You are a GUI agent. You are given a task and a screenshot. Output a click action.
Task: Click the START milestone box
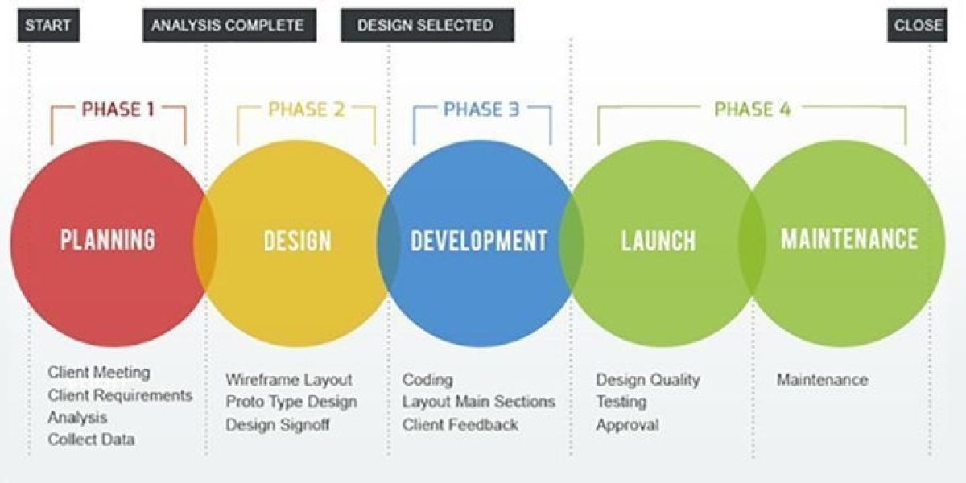click(48, 25)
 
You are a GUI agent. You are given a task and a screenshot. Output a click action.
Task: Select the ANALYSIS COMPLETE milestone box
click(229, 25)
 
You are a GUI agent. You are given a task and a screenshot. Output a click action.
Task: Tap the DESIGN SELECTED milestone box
click(427, 25)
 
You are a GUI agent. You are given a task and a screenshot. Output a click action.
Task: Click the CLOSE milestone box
click(917, 25)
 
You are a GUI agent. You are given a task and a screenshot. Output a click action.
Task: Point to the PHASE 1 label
click(118, 109)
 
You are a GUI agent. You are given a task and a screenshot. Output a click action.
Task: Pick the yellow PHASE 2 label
click(307, 109)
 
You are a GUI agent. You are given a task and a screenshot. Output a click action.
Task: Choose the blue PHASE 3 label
click(481, 109)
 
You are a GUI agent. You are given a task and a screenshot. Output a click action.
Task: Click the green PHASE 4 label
click(753, 109)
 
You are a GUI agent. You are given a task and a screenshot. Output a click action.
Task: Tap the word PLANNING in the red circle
click(108, 239)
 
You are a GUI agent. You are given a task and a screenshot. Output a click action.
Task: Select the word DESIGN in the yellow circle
click(298, 241)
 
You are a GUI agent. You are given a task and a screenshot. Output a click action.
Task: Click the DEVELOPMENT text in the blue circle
click(479, 241)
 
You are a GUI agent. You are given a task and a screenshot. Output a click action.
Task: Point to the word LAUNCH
click(658, 241)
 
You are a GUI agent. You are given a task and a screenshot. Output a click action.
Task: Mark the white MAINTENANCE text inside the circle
click(849, 238)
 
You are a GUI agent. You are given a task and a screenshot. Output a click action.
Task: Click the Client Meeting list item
click(99, 372)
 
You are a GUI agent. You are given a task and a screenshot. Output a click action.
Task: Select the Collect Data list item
click(92, 440)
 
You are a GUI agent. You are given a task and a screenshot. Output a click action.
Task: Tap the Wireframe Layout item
click(289, 379)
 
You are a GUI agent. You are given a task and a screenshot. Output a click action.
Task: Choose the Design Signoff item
click(278, 424)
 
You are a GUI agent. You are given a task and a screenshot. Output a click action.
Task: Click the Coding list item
click(427, 380)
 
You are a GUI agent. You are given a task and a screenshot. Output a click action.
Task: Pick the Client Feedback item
click(460, 424)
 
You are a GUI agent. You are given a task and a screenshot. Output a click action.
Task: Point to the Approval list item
click(627, 425)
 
